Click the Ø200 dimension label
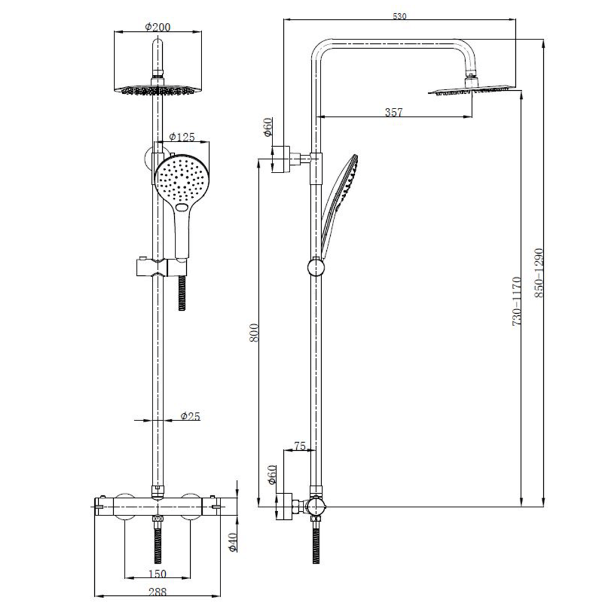tap(158, 27)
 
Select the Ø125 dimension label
tap(182, 137)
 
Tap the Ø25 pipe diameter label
tap(190, 416)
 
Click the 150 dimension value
tap(157, 574)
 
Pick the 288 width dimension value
tap(157, 592)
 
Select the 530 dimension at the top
tap(400, 16)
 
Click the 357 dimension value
tap(394, 113)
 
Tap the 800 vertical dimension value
tap(255, 332)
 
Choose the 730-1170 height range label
tap(517, 301)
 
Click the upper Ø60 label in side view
tap(269, 127)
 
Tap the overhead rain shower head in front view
tap(158, 89)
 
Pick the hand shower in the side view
tap(339, 200)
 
